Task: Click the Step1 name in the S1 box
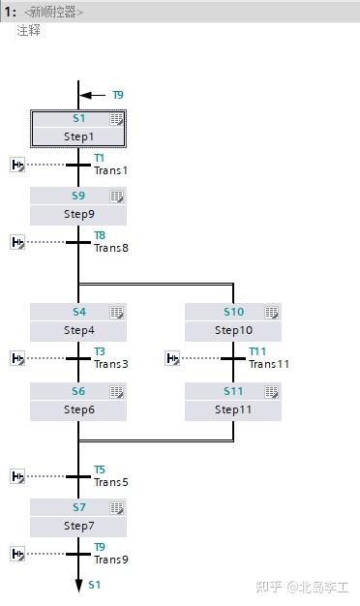78,136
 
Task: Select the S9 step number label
78,196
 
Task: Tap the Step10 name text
233,330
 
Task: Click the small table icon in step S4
116,313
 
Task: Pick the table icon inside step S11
271,392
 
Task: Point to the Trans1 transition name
110,170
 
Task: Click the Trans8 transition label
110,248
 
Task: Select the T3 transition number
100,352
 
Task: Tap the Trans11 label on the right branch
268,364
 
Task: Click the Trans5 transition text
110,482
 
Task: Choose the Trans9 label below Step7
110,560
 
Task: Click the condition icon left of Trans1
17,165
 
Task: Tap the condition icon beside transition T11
172,358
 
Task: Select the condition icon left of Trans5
17,476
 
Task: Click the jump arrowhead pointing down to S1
78,585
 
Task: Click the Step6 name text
78,409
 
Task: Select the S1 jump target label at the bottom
94,586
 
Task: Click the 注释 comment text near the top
28,31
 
